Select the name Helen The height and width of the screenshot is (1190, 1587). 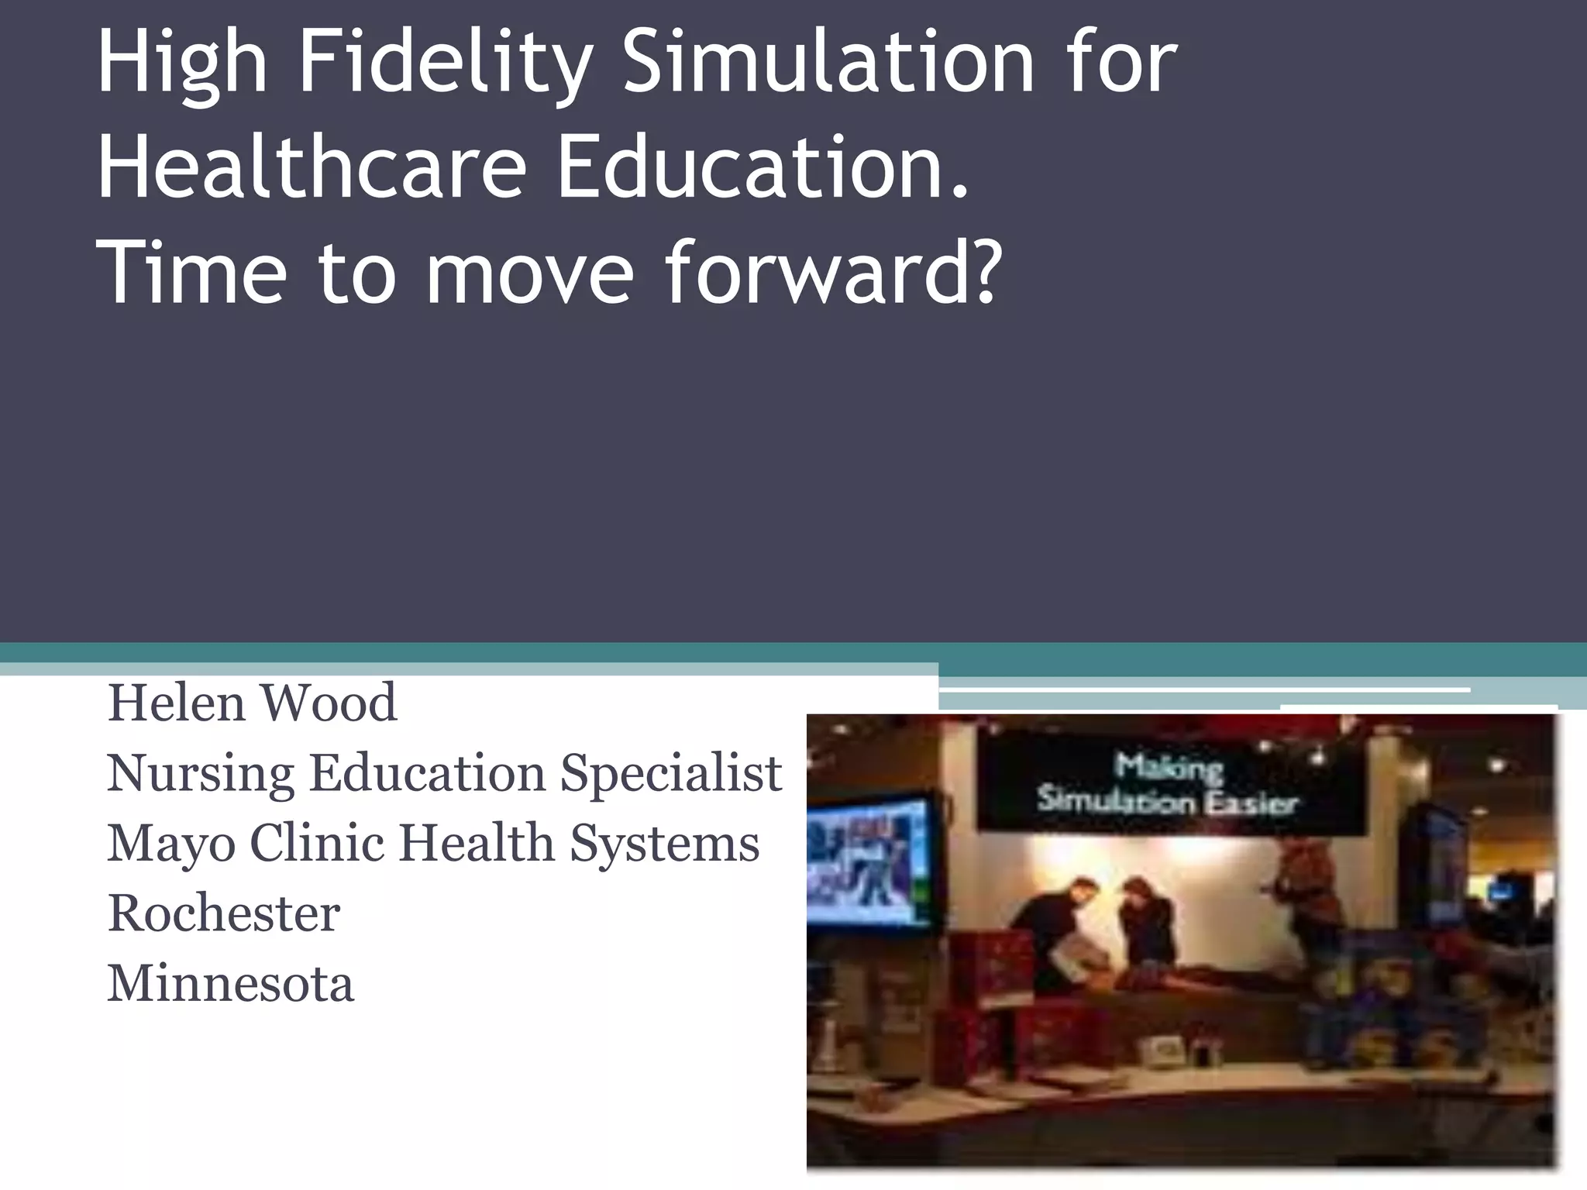point(177,703)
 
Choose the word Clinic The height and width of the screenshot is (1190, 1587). point(316,843)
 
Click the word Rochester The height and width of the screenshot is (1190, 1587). point(224,913)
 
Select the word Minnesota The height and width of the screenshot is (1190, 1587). point(230,983)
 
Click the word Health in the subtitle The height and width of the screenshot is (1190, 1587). point(476,843)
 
